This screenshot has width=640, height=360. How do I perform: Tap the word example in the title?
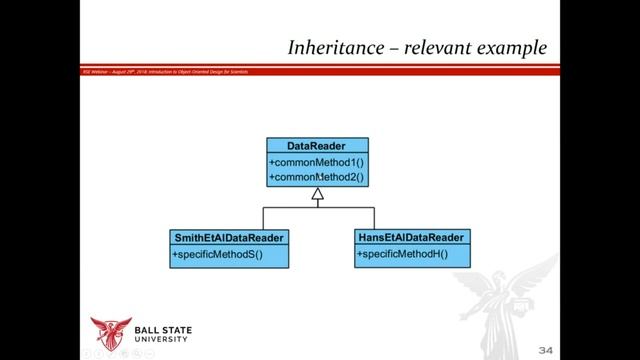(510, 47)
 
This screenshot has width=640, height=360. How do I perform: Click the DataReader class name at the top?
(316, 146)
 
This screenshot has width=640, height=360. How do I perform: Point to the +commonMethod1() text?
(317, 162)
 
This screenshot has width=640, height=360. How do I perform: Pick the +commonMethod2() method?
(317, 177)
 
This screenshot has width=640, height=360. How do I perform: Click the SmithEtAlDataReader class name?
(230, 238)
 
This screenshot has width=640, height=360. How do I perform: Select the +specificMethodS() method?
(217, 255)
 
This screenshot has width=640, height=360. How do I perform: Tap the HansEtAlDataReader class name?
(410, 238)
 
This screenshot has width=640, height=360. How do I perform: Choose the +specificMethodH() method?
(402, 254)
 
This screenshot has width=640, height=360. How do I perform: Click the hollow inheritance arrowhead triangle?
(317, 195)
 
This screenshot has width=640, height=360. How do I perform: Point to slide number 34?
(545, 350)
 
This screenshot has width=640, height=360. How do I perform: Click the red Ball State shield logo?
(110, 332)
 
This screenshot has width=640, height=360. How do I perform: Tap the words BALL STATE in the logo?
(163, 330)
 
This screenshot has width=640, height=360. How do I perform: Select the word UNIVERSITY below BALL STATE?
(163, 340)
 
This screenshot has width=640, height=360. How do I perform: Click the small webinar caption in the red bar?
(165, 71)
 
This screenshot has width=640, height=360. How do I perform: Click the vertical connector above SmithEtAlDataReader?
(263, 218)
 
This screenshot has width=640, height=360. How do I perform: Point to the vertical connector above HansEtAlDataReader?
(374, 218)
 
